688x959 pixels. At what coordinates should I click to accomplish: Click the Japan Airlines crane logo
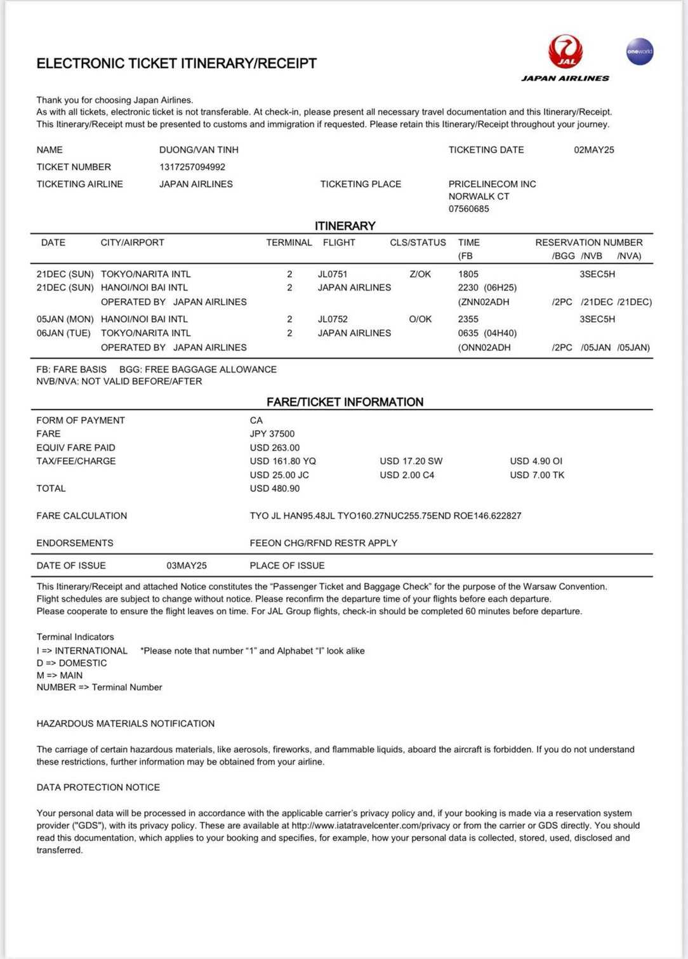(x=566, y=51)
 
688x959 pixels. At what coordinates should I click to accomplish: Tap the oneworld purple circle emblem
(x=639, y=51)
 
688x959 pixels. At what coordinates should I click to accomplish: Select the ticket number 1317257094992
(x=192, y=167)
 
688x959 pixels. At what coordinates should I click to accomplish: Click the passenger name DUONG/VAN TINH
(x=199, y=150)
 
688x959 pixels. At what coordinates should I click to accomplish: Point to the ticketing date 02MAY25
(x=593, y=150)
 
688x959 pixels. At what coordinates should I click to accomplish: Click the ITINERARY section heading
(x=345, y=226)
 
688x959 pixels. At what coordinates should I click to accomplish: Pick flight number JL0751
(x=333, y=274)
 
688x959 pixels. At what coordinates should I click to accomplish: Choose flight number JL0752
(x=333, y=319)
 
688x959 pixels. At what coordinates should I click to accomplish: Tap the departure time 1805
(x=468, y=274)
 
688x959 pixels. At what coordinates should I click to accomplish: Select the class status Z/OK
(x=420, y=274)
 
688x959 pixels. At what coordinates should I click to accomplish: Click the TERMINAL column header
(x=289, y=242)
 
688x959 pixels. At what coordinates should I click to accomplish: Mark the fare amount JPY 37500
(x=272, y=434)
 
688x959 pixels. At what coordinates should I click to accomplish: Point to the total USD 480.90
(x=275, y=489)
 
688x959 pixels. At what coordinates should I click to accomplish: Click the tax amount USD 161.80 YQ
(x=282, y=461)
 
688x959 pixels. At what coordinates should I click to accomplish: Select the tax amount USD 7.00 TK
(x=537, y=475)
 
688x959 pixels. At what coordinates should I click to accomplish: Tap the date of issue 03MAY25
(x=187, y=565)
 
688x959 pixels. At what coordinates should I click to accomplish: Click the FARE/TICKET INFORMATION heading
(x=345, y=402)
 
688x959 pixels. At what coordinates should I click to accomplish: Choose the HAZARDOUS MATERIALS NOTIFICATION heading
(x=126, y=724)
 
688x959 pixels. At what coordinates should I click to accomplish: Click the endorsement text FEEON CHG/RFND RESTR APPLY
(x=324, y=543)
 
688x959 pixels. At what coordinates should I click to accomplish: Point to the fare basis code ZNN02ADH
(x=486, y=302)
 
